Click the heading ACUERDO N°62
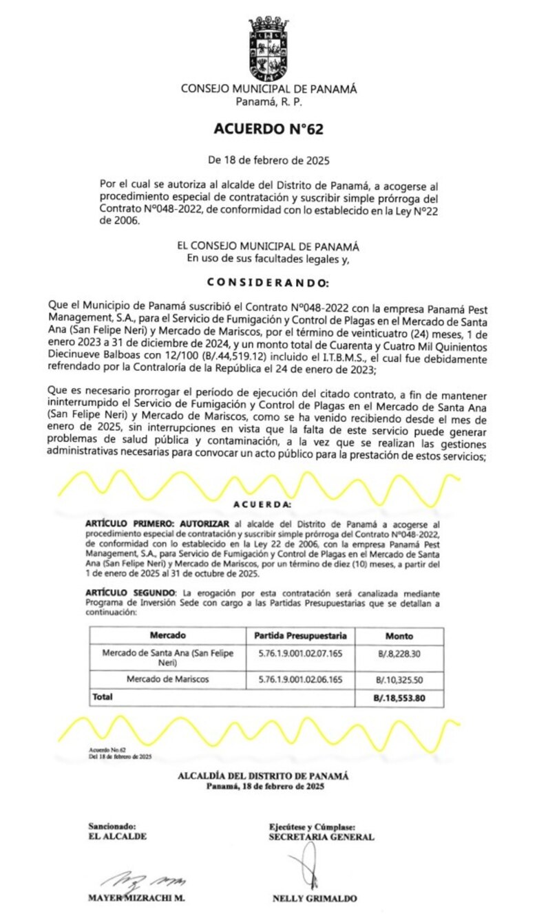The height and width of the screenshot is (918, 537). [268, 129]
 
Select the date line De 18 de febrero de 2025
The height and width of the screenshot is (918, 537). [268, 161]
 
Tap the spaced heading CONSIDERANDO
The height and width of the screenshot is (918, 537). [268, 283]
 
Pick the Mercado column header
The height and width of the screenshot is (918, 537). [167, 635]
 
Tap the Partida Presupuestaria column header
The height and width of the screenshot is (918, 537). [300, 635]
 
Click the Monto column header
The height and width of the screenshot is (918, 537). [399, 636]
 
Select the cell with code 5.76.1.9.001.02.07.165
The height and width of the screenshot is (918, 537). [300, 653]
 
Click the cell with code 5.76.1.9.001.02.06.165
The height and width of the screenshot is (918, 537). [300, 679]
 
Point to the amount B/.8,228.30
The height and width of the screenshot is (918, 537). [399, 654]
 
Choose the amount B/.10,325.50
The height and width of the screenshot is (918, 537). [399, 680]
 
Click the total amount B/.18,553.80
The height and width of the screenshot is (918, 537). [399, 698]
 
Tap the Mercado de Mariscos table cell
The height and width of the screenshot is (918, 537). [167, 679]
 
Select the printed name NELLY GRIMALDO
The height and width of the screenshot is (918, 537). [315, 898]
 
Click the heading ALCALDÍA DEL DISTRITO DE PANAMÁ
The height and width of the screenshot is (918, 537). [263, 776]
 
